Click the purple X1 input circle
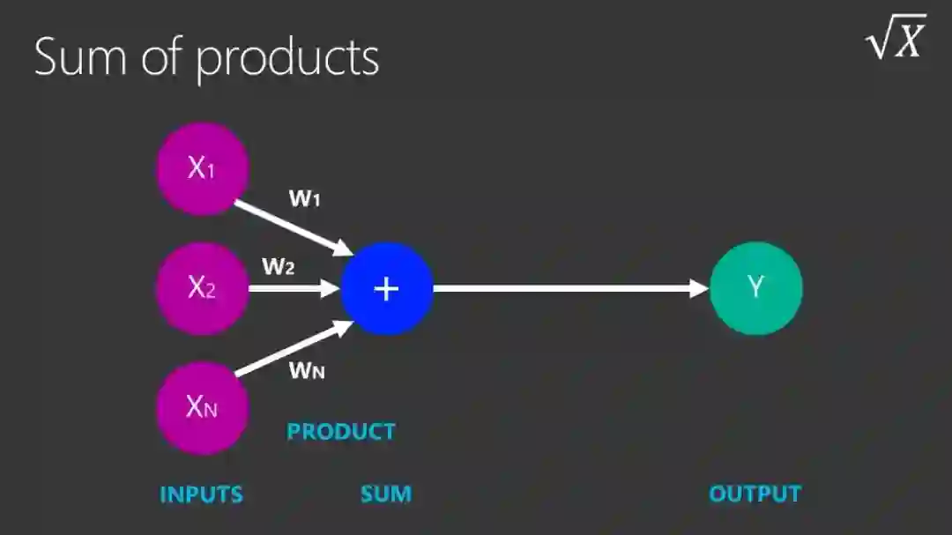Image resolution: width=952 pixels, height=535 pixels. pos(203,168)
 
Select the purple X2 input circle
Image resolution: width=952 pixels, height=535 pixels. pos(203,287)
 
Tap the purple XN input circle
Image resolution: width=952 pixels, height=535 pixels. pos(203,407)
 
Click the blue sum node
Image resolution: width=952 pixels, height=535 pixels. pos(387,288)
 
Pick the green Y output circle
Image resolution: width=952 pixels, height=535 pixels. pos(756,287)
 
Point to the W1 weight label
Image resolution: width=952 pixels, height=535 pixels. pos(304,198)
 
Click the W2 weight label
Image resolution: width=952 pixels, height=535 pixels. pos(278,266)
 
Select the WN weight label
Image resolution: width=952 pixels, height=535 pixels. pos(307,370)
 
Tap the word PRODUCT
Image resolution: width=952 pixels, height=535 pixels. pos(341,432)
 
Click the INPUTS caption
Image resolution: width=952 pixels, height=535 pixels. pos(201,494)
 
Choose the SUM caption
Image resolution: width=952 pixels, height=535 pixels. pos(386,494)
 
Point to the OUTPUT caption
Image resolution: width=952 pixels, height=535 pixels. pos(755,494)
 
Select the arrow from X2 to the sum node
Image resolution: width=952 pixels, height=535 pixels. pos(294,287)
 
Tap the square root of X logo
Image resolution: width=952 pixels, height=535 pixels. pos(896,38)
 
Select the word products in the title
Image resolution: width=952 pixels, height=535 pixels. pos(287,59)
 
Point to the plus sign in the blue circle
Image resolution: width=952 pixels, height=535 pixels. pos(387,288)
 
